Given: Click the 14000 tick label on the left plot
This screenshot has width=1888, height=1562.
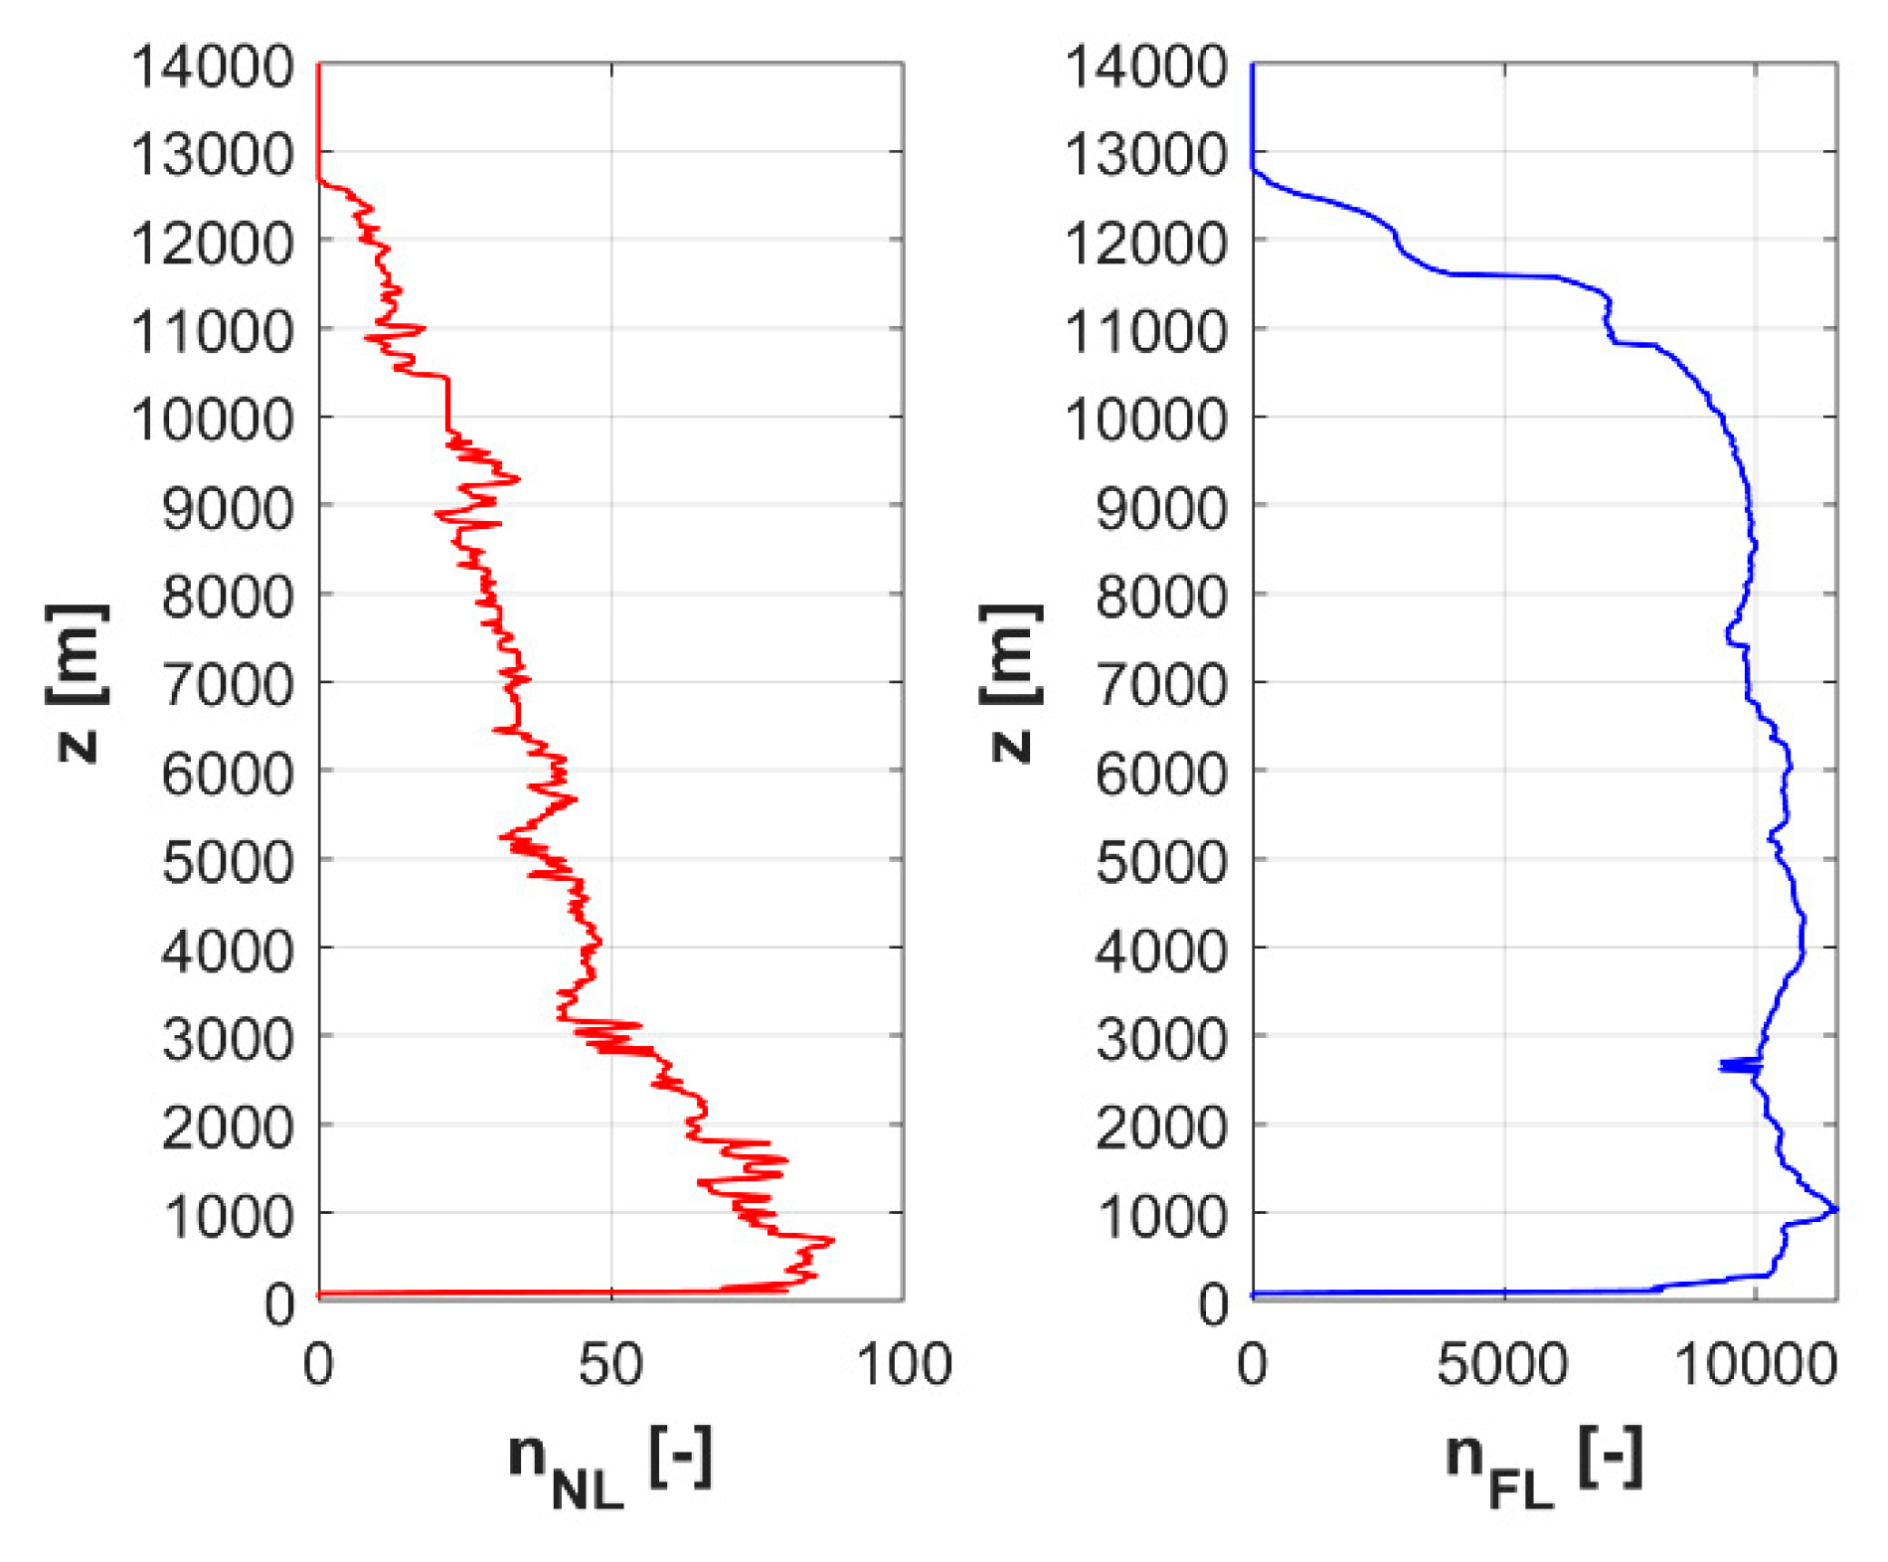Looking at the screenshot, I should coord(212,68).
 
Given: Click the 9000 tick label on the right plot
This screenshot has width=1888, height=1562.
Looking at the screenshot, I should coord(1161,509).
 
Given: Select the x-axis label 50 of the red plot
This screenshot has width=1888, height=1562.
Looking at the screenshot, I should coord(610,1364).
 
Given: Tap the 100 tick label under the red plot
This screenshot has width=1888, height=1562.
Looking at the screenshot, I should coord(904,1364).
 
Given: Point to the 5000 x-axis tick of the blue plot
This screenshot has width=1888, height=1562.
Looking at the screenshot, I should coord(1502,1364).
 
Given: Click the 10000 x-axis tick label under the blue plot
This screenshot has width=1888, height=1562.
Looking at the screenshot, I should coord(1755,1364).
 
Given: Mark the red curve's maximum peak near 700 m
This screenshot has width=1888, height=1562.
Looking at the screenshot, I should coord(831,1240).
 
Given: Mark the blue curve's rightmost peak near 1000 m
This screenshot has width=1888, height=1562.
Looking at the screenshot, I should coord(1835,1209).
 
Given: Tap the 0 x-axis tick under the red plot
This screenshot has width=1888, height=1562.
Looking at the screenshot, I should coord(318,1364).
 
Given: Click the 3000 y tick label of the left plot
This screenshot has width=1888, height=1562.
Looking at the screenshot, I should coord(228,1040).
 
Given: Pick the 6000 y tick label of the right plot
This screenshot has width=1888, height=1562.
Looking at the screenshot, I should coord(1161,775).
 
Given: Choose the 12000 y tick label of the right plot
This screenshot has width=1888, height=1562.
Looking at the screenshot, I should coord(1145,244).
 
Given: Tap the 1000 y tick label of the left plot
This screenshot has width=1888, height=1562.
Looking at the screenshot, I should coord(228,1217).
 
